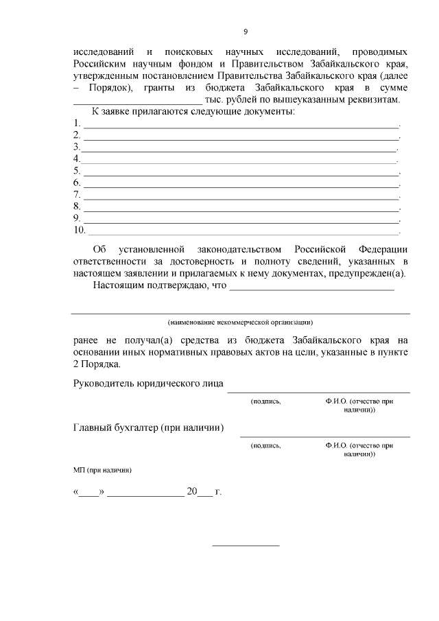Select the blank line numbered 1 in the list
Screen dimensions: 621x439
(240, 126)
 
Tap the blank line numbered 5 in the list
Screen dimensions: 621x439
(240, 172)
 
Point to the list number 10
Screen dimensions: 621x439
(79, 229)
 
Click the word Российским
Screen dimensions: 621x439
(99, 65)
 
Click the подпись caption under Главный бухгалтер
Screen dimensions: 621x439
(266, 445)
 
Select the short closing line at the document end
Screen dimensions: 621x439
(246, 546)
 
